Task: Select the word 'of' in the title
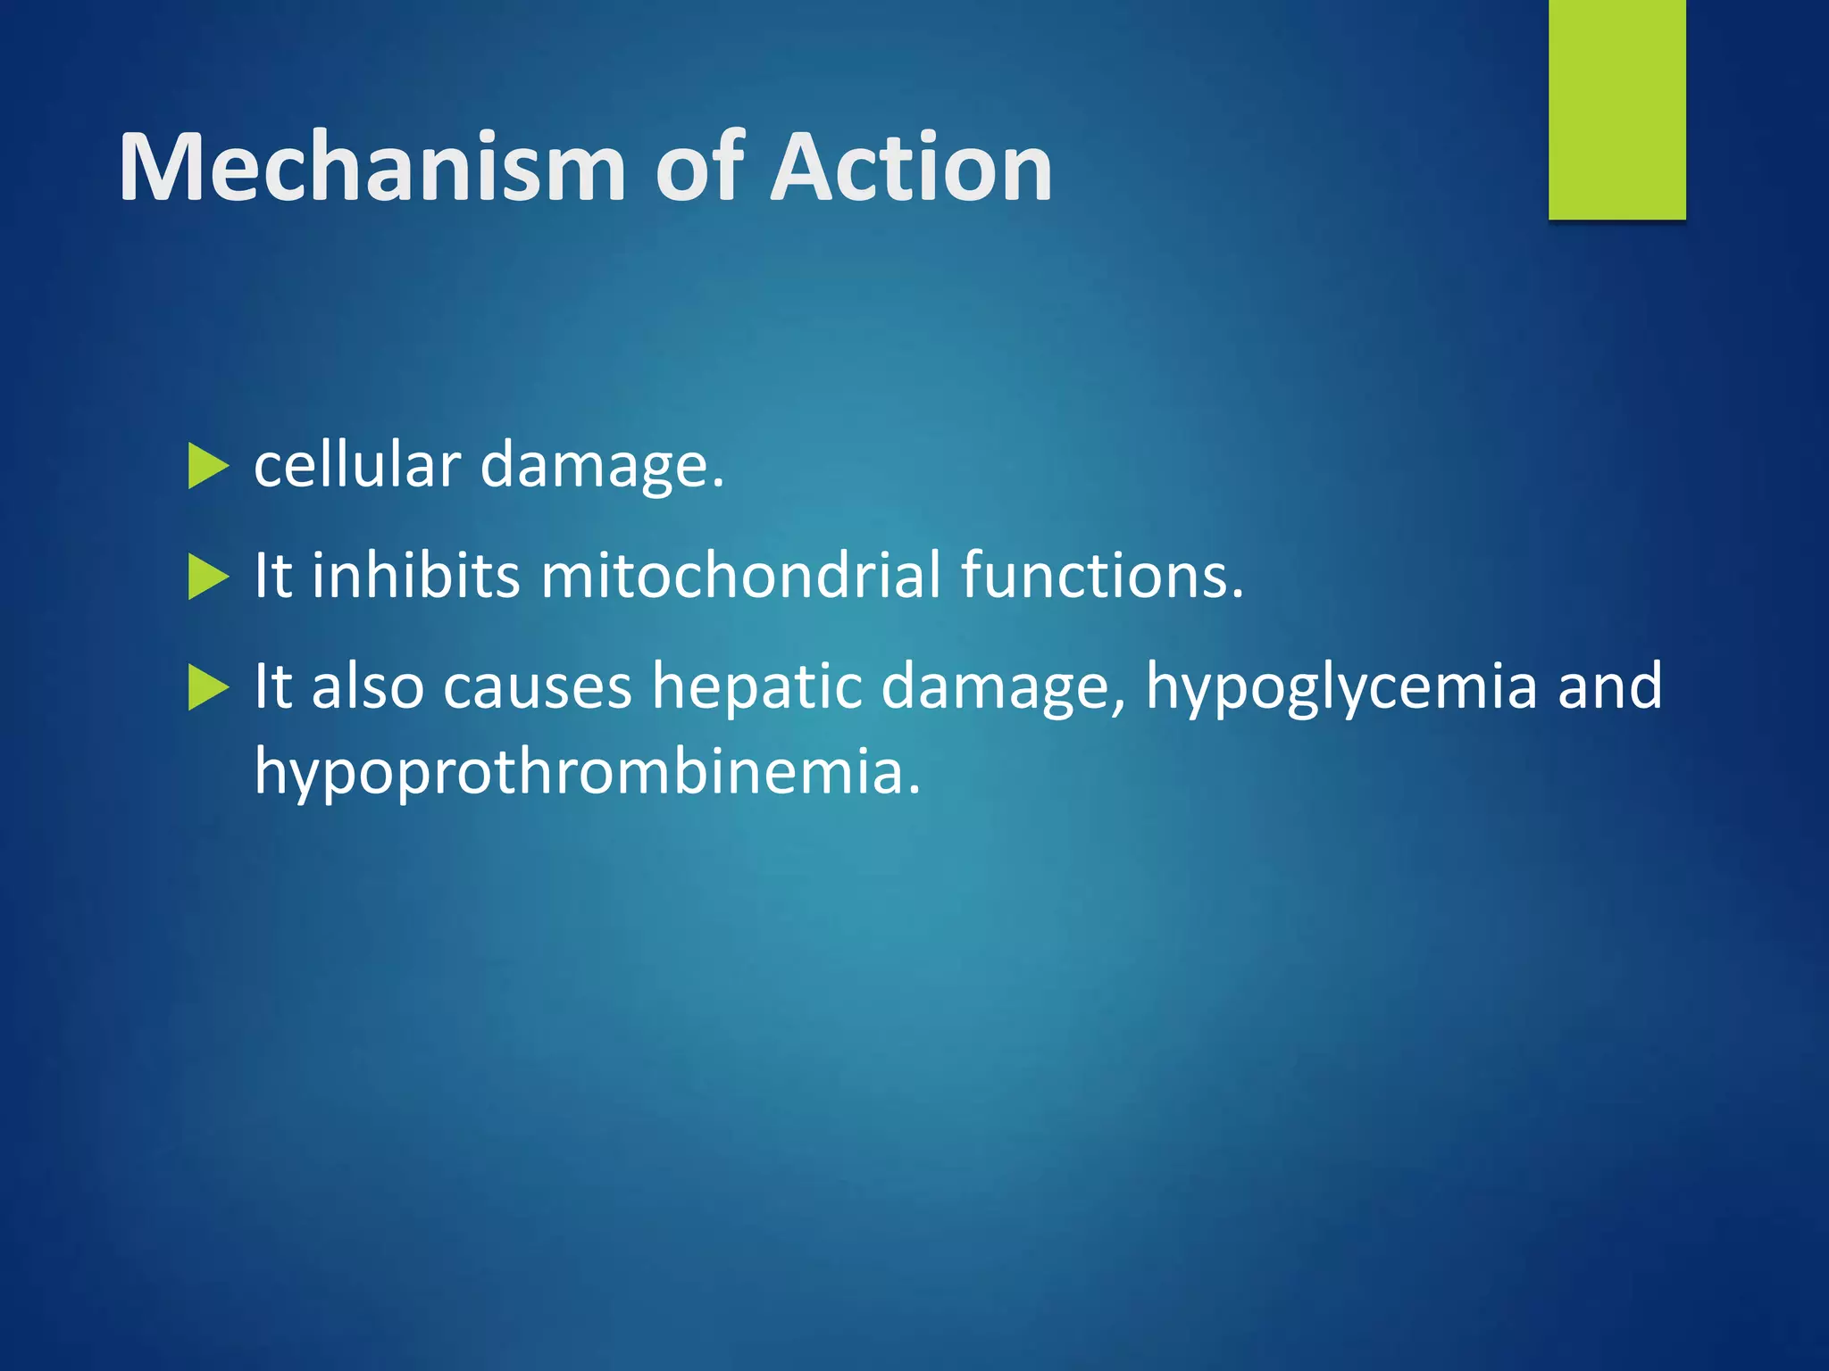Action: pos(699,168)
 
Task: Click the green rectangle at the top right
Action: pos(1616,109)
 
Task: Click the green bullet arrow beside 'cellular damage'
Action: pos(208,467)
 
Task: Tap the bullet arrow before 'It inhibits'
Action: pos(208,577)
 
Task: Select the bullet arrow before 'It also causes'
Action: pos(208,687)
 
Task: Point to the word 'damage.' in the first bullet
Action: pos(602,468)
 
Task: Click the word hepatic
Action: pos(756,687)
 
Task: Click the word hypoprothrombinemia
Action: pos(587,772)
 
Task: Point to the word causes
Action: pos(537,687)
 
